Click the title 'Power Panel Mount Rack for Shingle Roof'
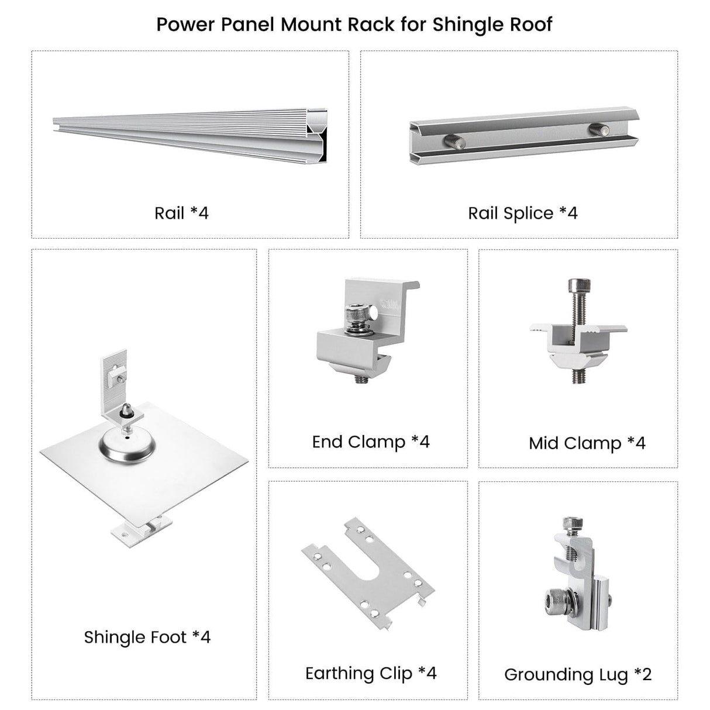point(354,25)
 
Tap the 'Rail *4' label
point(182,213)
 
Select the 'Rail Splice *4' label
point(523,213)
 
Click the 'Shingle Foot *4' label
point(147,637)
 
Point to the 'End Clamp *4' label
point(371,442)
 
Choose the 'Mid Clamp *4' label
point(587,443)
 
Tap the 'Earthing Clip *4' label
point(371,674)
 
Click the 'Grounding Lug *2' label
point(578,675)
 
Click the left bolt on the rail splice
point(454,142)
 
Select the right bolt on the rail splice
point(599,129)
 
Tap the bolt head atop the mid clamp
point(579,284)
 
